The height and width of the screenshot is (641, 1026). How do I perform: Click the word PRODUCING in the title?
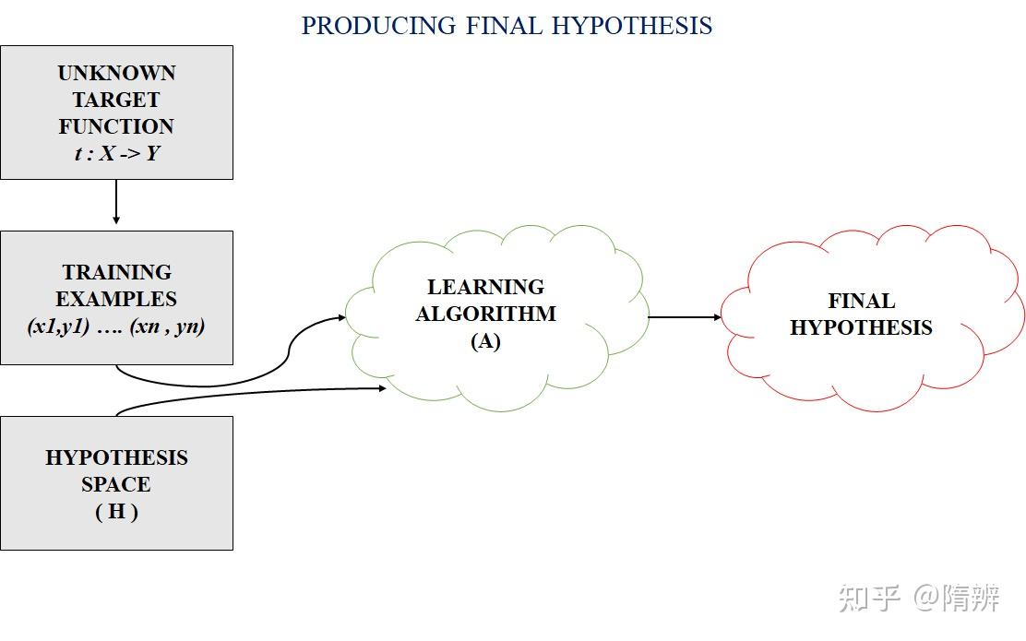[378, 25]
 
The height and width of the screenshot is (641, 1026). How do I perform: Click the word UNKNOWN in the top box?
[116, 73]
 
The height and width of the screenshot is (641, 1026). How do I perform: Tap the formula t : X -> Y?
[116, 153]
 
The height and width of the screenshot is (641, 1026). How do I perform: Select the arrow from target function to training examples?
[116, 201]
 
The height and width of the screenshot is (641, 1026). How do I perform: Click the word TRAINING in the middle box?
[116, 272]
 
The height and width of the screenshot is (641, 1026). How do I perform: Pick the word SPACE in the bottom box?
[116, 484]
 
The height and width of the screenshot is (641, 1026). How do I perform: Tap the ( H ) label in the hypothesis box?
[116, 511]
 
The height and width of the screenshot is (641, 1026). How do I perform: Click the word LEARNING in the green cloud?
[485, 287]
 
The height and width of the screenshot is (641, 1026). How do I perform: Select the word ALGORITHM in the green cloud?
[485, 314]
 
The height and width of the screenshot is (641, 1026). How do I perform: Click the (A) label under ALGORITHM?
[485, 341]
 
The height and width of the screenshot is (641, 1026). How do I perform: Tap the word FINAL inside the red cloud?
[861, 301]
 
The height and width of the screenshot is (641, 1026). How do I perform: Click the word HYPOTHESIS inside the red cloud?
[861, 327]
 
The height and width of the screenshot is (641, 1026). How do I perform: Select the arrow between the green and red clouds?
[685, 317]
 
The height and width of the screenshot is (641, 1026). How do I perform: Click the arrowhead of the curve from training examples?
[341, 317]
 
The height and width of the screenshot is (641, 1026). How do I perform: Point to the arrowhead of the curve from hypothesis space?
[382, 388]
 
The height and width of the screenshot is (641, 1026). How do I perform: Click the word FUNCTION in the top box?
[116, 126]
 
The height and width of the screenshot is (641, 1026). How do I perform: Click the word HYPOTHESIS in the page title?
[632, 25]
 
